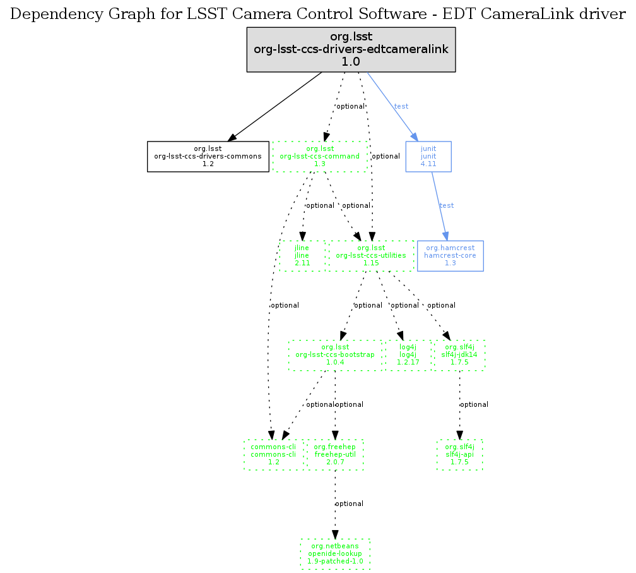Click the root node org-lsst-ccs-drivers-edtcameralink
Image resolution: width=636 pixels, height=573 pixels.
(x=350, y=50)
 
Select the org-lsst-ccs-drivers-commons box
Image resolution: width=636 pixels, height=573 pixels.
(x=208, y=156)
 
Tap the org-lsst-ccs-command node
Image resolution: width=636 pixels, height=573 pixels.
(x=319, y=156)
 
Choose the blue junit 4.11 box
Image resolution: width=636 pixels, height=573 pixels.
(x=429, y=156)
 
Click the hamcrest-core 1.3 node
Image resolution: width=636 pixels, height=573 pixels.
(x=450, y=255)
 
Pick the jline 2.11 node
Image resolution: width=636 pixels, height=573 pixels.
(x=302, y=255)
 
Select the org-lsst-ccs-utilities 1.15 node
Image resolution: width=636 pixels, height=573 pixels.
(x=371, y=255)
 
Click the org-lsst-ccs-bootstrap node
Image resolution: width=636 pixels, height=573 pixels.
(x=335, y=355)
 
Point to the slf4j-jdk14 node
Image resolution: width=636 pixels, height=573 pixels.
(x=459, y=355)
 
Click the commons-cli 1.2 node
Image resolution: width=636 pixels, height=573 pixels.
(x=273, y=454)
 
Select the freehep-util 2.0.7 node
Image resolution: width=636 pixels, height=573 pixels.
(x=335, y=454)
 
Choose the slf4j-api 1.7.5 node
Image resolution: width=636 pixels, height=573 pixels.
(x=459, y=454)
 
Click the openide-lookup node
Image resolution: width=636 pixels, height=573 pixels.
(x=335, y=553)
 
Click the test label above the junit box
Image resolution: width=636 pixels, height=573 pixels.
(x=401, y=106)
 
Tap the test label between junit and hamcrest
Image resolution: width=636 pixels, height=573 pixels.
(x=446, y=205)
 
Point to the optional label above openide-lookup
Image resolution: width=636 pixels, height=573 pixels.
(x=349, y=504)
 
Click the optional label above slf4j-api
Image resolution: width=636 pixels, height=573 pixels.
(x=474, y=404)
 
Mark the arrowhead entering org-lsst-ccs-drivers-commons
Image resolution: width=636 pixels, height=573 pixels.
(x=232, y=137)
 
